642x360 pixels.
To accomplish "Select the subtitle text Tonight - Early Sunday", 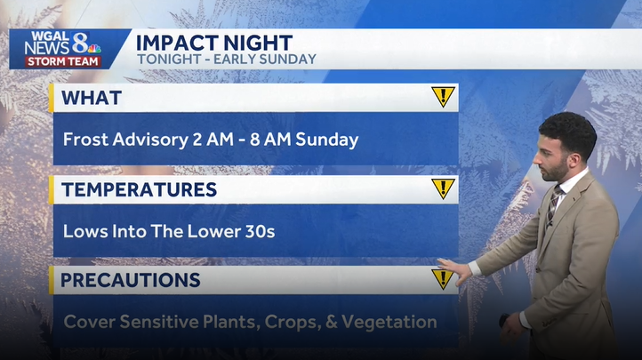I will [226, 60].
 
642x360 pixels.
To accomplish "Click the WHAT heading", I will [92, 98].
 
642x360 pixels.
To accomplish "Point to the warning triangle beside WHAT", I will [443, 97].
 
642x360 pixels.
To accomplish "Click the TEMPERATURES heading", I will [140, 189].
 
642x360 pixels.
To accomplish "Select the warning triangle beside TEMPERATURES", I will [443, 188].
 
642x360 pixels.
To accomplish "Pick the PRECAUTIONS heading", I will [131, 280].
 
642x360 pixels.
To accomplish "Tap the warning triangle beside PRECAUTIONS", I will [443, 279].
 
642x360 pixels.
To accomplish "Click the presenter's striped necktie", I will [552, 205].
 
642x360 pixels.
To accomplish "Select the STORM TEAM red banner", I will [62, 61].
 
